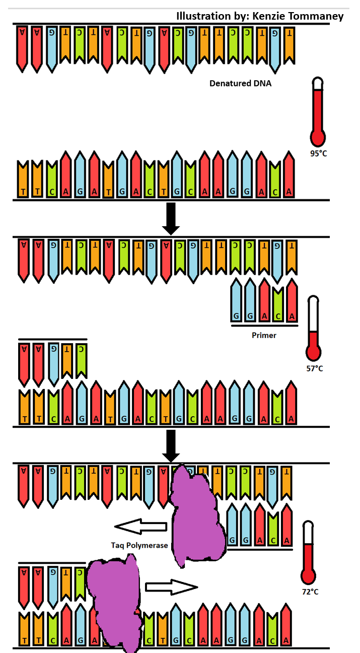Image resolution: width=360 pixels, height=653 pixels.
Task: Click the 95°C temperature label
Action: [318, 153]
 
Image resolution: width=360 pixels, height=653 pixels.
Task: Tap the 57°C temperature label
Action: [314, 368]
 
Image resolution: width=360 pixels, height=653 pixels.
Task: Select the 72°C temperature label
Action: [310, 592]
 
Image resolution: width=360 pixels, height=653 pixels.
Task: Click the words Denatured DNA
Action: [240, 84]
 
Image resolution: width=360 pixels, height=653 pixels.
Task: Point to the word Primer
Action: [264, 335]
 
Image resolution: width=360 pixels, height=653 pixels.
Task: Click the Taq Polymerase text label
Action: [138, 545]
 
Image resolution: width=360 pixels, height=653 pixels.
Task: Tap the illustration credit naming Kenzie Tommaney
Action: [260, 16]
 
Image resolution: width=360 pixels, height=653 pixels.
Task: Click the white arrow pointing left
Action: [141, 527]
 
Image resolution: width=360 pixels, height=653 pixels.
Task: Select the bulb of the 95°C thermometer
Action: [318, 137]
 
